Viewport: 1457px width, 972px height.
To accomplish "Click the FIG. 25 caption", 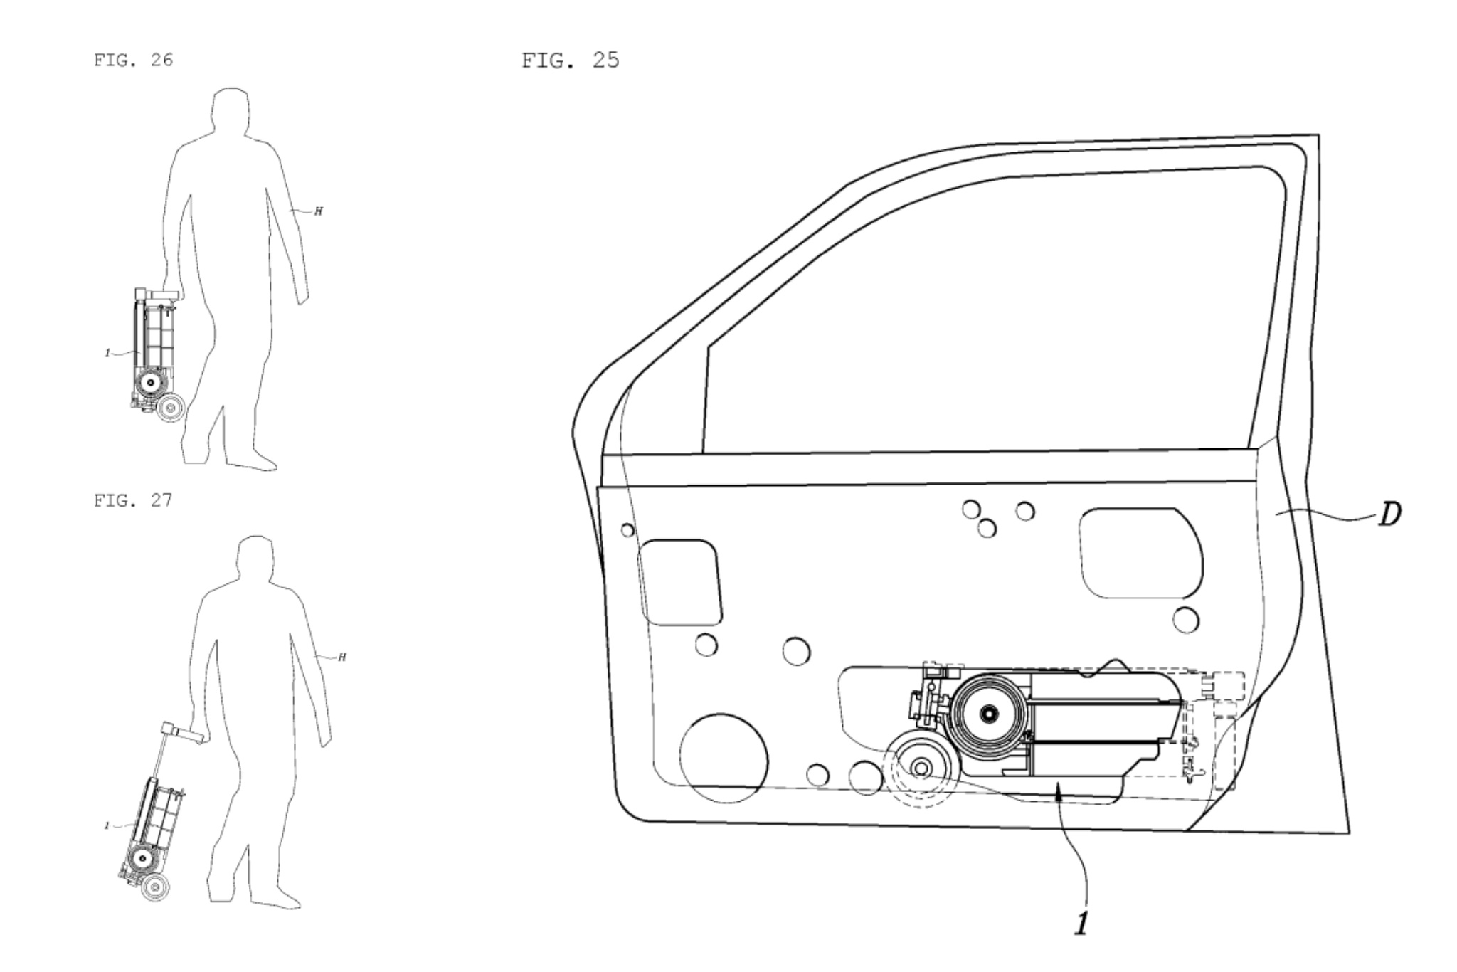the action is click(x=571, y=60).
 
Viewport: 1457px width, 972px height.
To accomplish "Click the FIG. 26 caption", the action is click(x=133, y=60).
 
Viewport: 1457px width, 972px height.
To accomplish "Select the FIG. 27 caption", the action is click(x=133, y=500).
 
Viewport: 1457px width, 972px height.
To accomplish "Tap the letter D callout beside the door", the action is click(x=1389, y=514).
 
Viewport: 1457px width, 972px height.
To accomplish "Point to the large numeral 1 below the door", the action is click(x=1081, y=923).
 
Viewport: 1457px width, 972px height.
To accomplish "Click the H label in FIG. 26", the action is click(x=318, y=211).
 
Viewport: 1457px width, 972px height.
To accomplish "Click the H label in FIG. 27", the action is click(x=342, y=657).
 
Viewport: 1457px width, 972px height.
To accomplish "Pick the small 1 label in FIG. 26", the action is click(x=107, y=353).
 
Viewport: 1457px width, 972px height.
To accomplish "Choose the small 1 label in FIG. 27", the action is click(x=107, y=825).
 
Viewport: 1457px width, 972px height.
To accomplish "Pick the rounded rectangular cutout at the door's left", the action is click(x=681, y=582).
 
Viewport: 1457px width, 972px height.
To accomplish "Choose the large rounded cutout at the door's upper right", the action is click(x=1140, y=553).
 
